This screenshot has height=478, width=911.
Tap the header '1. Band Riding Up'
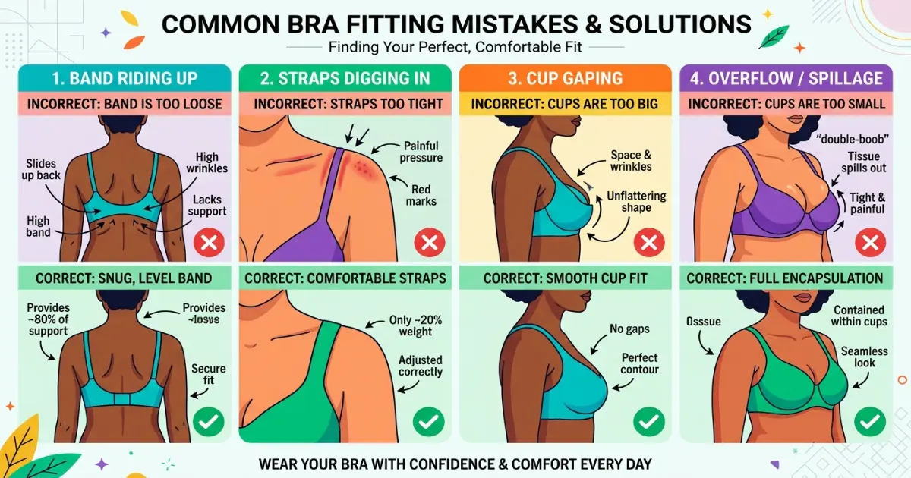point(124,78)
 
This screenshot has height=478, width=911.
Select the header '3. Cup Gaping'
point(565,78)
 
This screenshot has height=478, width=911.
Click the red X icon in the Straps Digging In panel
point(429,243)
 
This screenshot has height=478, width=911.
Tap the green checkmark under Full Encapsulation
point(869,421)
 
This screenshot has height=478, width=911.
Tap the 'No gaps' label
point(630,329)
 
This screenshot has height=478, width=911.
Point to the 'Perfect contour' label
point(639,363)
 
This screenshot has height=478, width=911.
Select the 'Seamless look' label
point(858,357)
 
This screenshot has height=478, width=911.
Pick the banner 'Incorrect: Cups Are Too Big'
point(565,104)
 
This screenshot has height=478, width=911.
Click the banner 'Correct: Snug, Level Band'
point(124,278)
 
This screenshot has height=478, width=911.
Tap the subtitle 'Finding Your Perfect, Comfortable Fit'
point(455,47)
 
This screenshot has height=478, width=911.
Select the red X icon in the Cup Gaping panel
point(648,243)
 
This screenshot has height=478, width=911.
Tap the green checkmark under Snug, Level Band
point(208,421)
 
